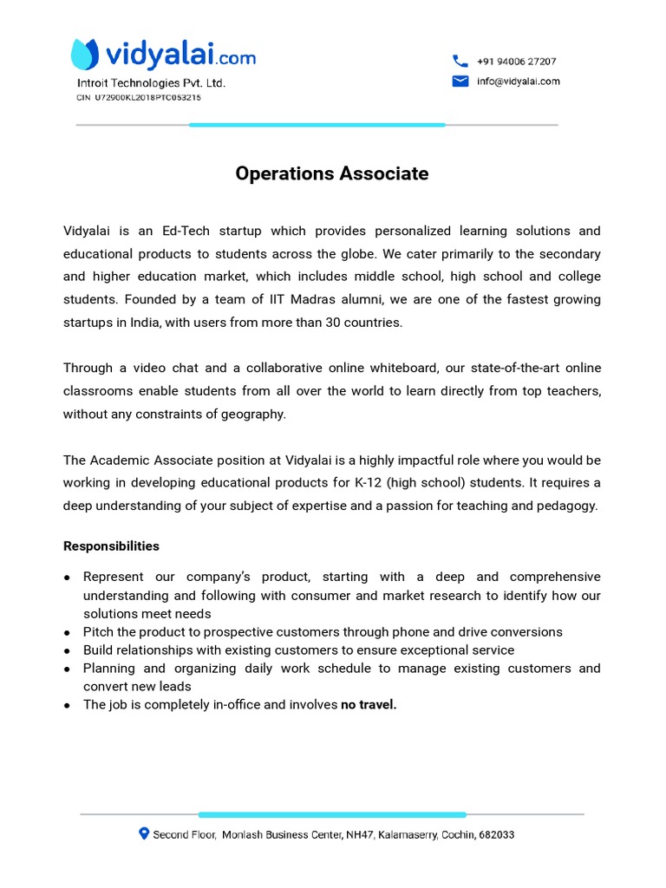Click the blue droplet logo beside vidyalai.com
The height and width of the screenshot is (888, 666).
(84, 55)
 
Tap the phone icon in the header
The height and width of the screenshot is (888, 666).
(460, 62)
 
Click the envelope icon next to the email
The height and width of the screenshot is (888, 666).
(460, 82)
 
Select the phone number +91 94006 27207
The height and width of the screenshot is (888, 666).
(516, 62)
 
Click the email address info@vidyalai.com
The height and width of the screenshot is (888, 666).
(518, 82)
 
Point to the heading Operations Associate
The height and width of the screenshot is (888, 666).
(332, 173)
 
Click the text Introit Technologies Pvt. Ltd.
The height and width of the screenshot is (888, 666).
(152, 83)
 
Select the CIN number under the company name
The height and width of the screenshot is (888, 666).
(139, 98)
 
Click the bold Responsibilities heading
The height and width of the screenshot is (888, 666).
(111, 546)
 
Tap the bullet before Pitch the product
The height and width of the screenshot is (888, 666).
(68, 633)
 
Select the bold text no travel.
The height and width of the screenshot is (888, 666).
(369, 705)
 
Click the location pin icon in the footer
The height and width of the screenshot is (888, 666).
(144, 833)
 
